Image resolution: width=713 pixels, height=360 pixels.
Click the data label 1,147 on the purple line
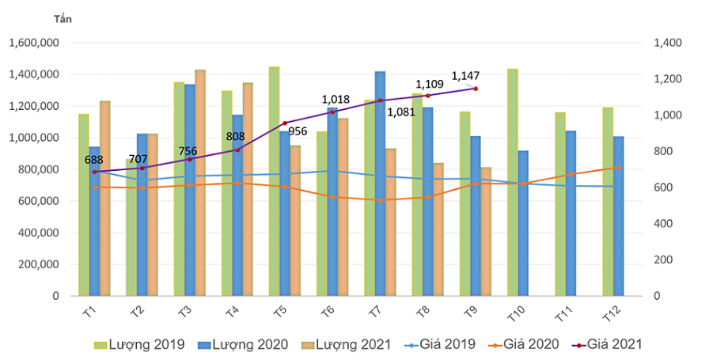point(465,76)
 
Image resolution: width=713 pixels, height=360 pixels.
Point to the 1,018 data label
point(336,100)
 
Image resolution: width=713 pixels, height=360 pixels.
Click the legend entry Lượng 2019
point(140,344)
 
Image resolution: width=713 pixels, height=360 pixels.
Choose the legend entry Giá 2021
point(607,344)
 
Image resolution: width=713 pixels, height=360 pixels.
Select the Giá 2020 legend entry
point(525,344)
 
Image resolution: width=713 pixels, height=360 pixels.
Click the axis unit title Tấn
point(63,18)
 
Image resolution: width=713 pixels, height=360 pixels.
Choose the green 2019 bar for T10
point(513,183)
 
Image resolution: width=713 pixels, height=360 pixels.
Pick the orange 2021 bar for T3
point(200,183)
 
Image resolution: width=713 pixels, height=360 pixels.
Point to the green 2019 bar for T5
point(274,181)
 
